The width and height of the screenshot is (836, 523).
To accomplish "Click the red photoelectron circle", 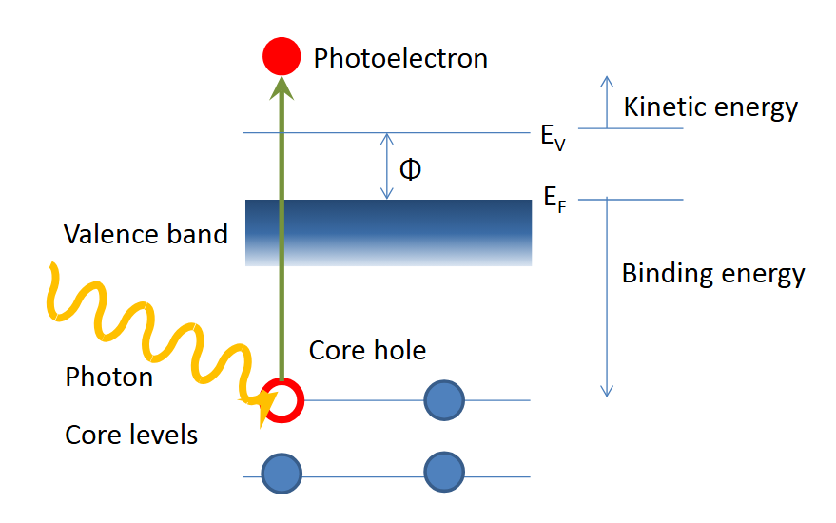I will click(x=282, y=56).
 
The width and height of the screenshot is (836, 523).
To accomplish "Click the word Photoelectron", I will click(x=400, y=59).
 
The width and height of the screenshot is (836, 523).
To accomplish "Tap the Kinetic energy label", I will click(x=710, y=107).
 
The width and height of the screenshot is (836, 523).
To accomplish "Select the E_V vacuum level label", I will click(x=553, y=137).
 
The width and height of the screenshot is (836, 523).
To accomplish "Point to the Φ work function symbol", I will click(x=410, y=170).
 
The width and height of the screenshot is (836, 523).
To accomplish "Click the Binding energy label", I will click(x=712, y=274).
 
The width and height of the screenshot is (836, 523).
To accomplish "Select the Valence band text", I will click(x=146, y=234).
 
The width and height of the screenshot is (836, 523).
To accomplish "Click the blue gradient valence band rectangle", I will click(x=388, y=232).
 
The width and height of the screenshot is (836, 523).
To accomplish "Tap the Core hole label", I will click(x=367, y=350).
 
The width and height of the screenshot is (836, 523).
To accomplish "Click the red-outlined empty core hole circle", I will click(x=282, y=399).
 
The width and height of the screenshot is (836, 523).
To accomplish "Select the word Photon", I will click(x=108, y=377).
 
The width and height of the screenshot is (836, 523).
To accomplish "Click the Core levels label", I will click(x=131, y=436).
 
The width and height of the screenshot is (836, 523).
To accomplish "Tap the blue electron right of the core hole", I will click(x=443, y=399).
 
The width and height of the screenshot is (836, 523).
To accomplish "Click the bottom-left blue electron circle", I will click(x=282, y=472).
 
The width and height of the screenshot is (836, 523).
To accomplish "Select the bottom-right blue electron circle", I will click(x=443, y=472).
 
